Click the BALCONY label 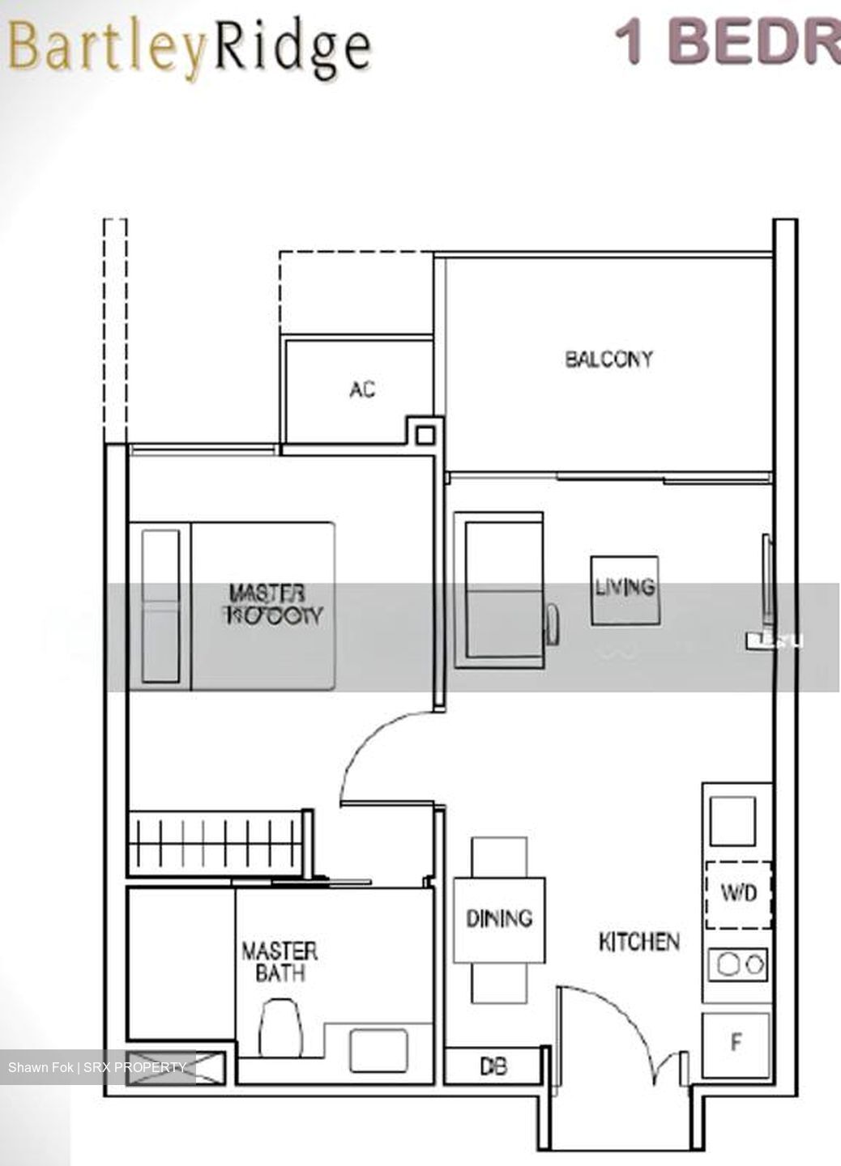[x=608, y=359]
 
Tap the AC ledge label [x=362, y=389]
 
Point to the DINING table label [x=499, y=918]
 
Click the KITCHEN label [x=638, y=942]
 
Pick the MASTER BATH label [x=280, y=961]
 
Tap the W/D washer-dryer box [x=738, y=894]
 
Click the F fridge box [x=736, y=1043]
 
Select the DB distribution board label [x=493, y=1066]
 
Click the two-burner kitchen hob [x=737, y=964]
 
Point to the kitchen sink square [x=733, y=821]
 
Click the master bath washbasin [x=378, y=1050]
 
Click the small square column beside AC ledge [x=425, y=435]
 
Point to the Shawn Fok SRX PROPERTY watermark [x=97, y=1067]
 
